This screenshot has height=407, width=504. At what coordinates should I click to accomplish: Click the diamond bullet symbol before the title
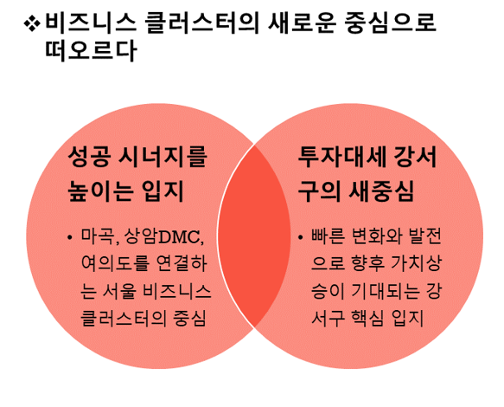pyautogui.click(x=32, y=23)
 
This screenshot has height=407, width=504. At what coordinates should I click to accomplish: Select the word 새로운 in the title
pyautogui.click(x=303, y=23)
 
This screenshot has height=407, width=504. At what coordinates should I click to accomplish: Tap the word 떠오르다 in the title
pyautogui.click(x=91, y=51)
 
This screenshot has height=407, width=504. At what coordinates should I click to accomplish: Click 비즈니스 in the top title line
pyautogui.click(x=91, y=23)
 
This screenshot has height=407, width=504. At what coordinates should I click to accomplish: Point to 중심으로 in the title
pyautogui.click(x=391, y=23)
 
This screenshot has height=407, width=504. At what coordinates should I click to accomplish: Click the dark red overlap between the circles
pyautogui.click(x=254, y=236)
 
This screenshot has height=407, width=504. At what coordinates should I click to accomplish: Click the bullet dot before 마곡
pyautogui.click(x=69, y=237)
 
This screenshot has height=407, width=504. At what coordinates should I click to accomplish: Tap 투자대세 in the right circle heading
pyautogui.click(x=341, y=157)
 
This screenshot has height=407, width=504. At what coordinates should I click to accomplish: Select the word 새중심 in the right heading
pyautogui.click(x=381, y=191)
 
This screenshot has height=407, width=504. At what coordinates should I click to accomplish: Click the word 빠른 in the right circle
pyautogui.click(x=328, y=236)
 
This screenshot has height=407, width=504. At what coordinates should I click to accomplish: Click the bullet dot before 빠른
pyautogui.click(x=300, y=237)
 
